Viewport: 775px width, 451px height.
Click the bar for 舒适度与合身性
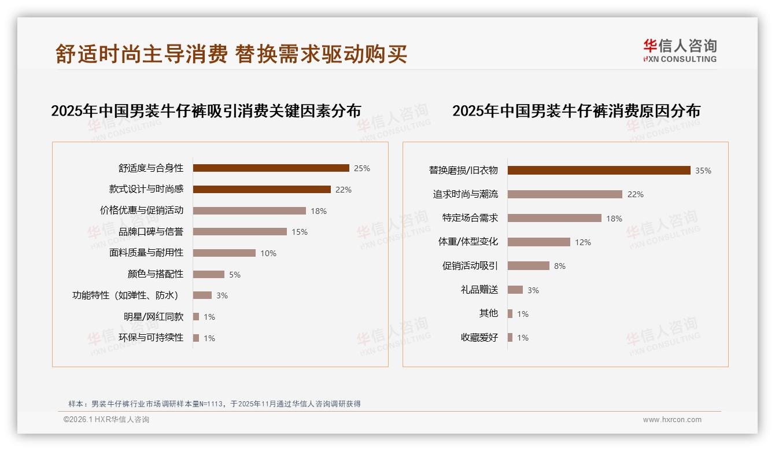271,168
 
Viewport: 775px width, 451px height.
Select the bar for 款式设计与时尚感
261,189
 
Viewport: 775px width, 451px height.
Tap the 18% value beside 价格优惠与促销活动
319,211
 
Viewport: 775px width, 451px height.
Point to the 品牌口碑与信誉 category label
151,232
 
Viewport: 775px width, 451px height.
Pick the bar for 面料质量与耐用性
224,253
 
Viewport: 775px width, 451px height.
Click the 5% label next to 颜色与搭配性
234,275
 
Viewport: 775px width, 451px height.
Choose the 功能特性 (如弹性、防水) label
125,295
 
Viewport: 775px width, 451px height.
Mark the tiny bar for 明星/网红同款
196,317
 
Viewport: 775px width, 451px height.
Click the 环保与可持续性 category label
151,338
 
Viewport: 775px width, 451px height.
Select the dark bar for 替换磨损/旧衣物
599,170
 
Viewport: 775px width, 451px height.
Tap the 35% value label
703,171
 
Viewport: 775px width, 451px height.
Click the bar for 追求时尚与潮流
564,194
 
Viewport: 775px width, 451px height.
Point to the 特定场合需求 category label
470,218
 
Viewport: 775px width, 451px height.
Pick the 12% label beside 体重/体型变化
583,242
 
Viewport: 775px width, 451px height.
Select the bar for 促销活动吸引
528,266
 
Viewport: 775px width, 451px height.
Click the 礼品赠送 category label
479,290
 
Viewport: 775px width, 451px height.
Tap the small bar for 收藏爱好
510,338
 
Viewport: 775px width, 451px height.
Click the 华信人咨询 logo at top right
680,50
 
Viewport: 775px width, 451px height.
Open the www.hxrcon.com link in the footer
672,420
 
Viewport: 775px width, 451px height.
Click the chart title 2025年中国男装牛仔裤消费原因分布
576,110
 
